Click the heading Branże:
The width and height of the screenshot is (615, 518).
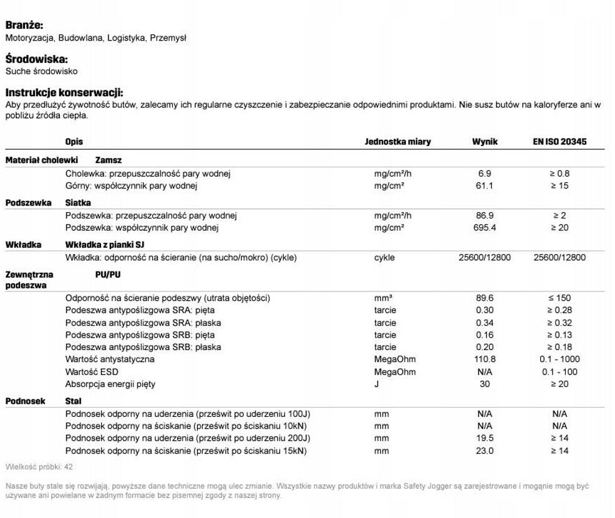coord(24,26)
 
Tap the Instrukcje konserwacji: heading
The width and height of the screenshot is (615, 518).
coord(64,92)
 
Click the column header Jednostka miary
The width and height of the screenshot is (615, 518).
coord(397,142)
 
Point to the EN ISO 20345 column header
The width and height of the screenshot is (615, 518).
coord(559,142)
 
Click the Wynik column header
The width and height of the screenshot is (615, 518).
coord(485,142)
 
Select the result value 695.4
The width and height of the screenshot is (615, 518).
coord(485,228)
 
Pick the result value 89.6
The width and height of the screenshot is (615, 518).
coord(485,298)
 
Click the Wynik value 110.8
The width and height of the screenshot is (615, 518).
coord(485,359)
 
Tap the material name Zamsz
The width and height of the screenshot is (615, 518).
coord(109,160)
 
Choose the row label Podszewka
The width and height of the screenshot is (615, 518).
coord(29,203)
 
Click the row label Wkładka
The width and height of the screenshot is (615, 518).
coord(24,245)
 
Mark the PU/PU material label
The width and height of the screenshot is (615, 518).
coord(109,274)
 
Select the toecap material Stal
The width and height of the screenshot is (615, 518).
coord(74,401)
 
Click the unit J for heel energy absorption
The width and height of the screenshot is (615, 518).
coord(377,384)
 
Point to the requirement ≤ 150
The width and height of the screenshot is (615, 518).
coord(559,298)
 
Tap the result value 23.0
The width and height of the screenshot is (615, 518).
coord(485,451)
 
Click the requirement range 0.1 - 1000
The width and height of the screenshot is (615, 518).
coord(559,359)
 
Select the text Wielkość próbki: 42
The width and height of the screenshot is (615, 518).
coord(39,467)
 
